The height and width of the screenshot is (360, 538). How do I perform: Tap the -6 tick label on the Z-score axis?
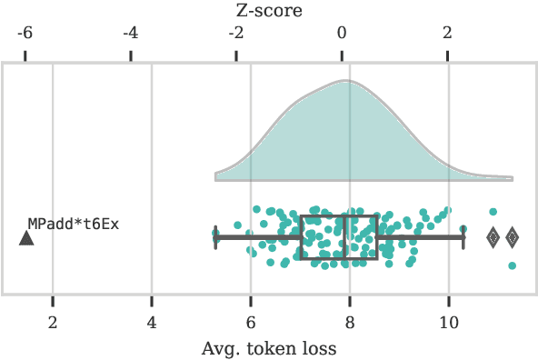click(x=25, y=34)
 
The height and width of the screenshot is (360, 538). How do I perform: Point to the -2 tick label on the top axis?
click(x=235, y=34)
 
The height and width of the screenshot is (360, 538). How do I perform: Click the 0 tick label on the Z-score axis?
click(x=343, y=34)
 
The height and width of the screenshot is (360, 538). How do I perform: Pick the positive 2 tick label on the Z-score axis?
click(x=448, y=34)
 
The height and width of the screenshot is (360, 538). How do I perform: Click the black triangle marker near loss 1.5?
click(x=26, y=238)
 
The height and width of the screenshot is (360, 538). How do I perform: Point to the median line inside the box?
click(x=344, y=237)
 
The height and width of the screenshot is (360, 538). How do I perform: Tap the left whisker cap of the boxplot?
click(x=215, y=237)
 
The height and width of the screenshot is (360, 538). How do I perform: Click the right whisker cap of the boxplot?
click(x=463, y=237)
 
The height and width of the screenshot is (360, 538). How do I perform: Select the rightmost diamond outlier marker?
click(x=513, y=237)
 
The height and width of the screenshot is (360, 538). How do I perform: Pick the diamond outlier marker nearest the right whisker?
click(x=493, y=237)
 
